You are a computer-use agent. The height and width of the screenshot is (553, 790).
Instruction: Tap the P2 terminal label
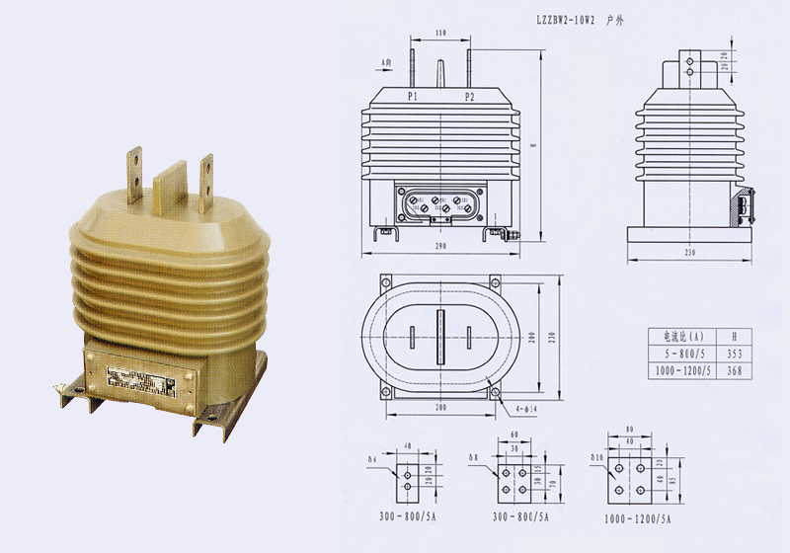pos(469,97)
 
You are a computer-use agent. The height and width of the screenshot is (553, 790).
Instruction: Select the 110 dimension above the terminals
pos(440,34)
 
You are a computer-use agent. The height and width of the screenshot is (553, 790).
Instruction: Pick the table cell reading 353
pos(732,353)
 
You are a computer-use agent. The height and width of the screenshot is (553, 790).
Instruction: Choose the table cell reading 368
pos(732,370)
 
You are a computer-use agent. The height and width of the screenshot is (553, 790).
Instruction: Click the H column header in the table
pos(732,335)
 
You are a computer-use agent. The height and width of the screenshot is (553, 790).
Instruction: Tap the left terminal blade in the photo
pos(133,170)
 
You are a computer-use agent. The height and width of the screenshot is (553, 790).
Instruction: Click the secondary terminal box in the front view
pos(440,203)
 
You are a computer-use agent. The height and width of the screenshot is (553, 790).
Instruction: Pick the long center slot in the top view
pos(440,337)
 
